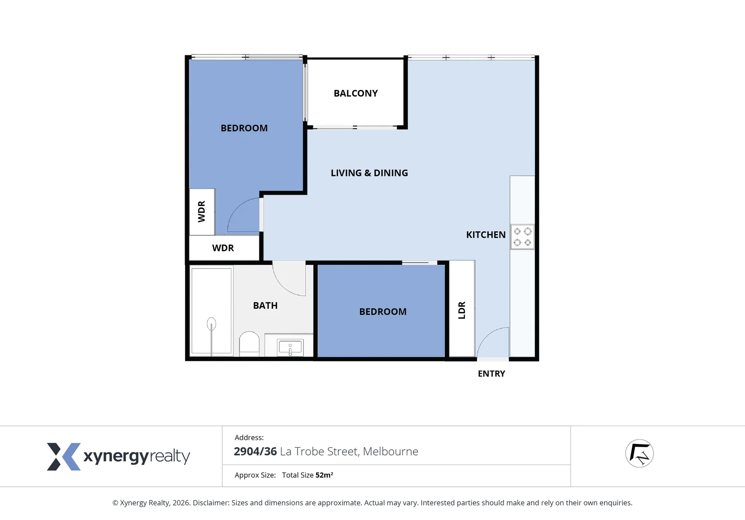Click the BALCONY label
356,93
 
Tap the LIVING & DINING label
369,173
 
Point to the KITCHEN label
486,235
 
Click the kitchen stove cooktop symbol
522,237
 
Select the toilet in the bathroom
249,343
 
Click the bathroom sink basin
290,347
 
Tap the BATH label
265,306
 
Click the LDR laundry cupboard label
462,310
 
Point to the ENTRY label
492,374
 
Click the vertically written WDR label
202,211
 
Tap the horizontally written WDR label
223,248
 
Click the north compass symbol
639,454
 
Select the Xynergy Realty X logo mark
63,456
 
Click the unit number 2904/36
255,452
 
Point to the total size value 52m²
324,475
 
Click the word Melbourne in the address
390,452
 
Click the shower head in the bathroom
211,325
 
